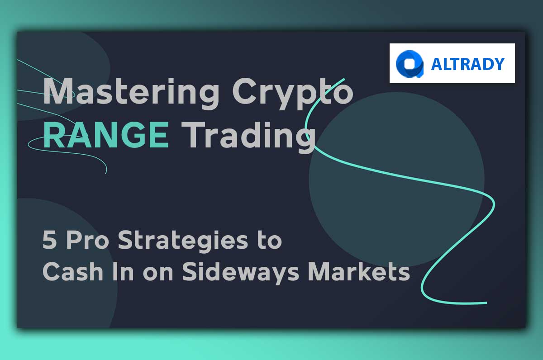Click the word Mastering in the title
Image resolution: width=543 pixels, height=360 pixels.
pos(131,94)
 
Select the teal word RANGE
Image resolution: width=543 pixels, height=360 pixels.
pos(106,135)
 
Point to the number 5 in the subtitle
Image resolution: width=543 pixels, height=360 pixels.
pos(50,240)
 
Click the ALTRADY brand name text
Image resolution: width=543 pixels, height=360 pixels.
pos(468,64)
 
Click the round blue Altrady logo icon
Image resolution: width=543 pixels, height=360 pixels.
pos(410,64)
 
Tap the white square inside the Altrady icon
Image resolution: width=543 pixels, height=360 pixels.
pos(410,64)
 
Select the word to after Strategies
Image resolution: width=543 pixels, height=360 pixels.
pos(270,241)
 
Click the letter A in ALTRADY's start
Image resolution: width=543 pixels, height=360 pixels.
pos(437,64)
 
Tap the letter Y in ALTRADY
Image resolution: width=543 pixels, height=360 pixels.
pos(499,64)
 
